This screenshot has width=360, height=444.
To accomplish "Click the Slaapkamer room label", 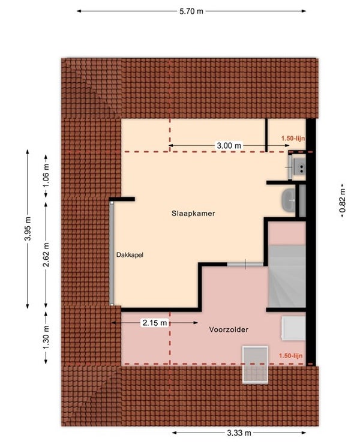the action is (x=193, y=213).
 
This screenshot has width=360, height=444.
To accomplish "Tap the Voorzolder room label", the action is (x=229, y=329).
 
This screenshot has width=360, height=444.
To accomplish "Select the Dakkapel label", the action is (x=130, y=255).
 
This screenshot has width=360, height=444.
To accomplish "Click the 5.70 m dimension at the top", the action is (x=191, y=11).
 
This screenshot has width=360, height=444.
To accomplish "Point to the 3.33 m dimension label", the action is (x=239, y=433).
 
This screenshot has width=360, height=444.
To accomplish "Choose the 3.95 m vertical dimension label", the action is (x=28, y=228).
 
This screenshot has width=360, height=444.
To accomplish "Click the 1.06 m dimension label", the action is (x=46, y=176).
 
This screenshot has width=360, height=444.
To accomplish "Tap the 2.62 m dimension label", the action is (x=46, y=254).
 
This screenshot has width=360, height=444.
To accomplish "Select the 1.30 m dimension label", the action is (x=46, y=337).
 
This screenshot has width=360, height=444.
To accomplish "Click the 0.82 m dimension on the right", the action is (x=342, y=201).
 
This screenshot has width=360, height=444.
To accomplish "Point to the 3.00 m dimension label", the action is (x=229, y=146).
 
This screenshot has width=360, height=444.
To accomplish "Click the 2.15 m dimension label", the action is (x=155, y=323).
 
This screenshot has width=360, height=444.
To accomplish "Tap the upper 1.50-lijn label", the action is (x=293, y=139).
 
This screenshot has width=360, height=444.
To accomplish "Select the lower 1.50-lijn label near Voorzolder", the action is (x=290, y=356).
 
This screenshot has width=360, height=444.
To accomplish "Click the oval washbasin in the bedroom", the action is (x=289, y=200).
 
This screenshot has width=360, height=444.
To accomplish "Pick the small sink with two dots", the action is (x=299, y=167).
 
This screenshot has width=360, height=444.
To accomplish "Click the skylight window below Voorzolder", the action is (x=255, y=365).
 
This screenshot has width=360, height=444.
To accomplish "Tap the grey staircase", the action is (x=287, y=277).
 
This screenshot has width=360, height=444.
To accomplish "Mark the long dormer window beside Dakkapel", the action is (x=112, y=254).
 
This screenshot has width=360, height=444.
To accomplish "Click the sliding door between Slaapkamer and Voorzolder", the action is (x=245, y=265).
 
